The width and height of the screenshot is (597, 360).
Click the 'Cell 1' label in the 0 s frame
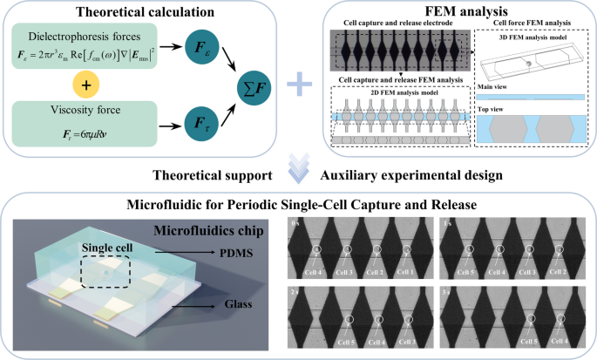point(405,274)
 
